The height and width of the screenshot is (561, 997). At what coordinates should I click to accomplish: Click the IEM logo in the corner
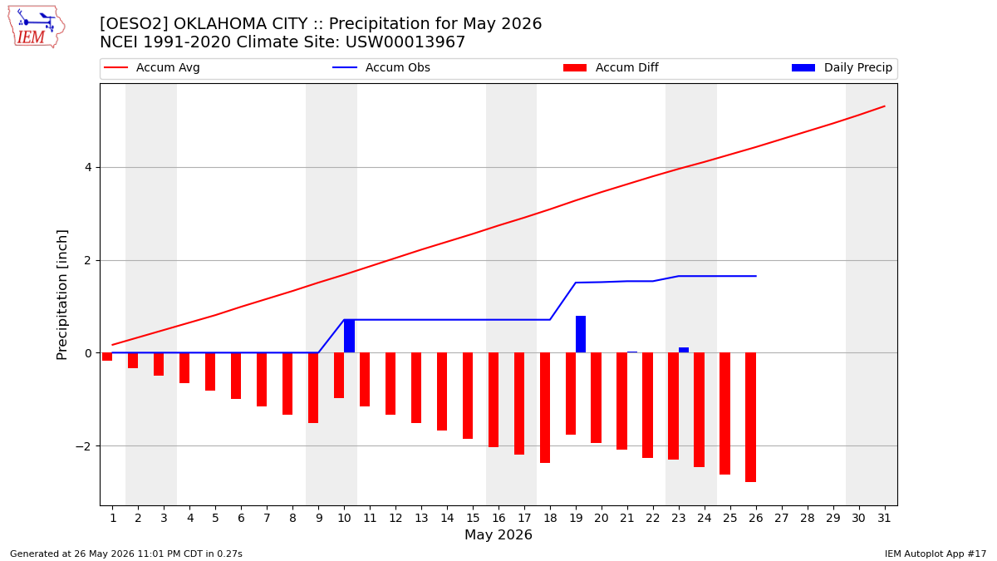click(37, 27)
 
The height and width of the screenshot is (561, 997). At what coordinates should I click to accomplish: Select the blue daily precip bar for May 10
click(350, 336)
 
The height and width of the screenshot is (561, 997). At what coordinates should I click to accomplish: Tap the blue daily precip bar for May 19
click(581, 334)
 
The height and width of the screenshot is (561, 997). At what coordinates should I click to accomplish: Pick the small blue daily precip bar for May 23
click(684, 350)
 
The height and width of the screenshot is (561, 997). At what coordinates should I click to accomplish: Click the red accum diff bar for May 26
click(751, 417)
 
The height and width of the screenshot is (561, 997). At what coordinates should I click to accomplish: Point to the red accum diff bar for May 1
click(107, 357)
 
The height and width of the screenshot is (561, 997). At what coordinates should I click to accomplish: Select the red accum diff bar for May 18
click(545, 408)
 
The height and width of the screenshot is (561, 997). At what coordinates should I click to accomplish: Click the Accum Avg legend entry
click(152, 67)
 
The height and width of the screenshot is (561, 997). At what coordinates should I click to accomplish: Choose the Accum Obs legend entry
click(381, 67)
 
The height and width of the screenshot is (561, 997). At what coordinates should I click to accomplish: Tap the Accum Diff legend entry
click(611, 67)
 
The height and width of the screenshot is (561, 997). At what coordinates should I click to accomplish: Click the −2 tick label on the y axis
click(84, 446)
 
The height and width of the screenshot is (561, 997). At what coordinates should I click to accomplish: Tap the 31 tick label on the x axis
click(884, 519)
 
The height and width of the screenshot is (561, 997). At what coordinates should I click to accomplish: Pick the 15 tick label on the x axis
click(473, 519)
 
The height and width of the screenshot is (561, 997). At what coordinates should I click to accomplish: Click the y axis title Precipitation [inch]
click(61, 295)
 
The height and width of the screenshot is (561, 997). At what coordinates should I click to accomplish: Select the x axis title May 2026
click(498, 534)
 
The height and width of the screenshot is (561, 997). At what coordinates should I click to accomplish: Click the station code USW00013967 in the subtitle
click(405, 42)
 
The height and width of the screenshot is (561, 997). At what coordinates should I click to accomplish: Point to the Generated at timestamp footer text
click(126, 554)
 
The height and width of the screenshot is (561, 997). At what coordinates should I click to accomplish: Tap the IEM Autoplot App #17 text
click(936, 554)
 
